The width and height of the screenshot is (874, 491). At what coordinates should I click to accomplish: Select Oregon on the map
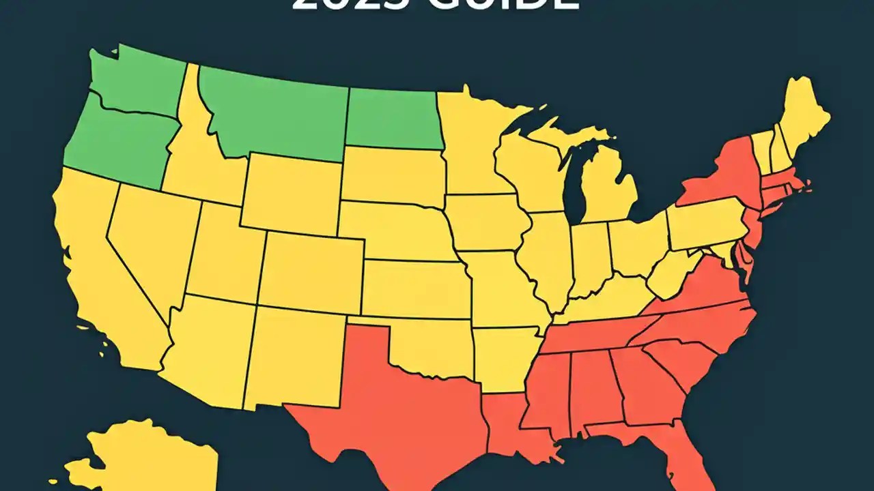(x=116, y=143)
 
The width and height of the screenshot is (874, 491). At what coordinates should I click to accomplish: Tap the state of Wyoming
(x=290, y=191)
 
